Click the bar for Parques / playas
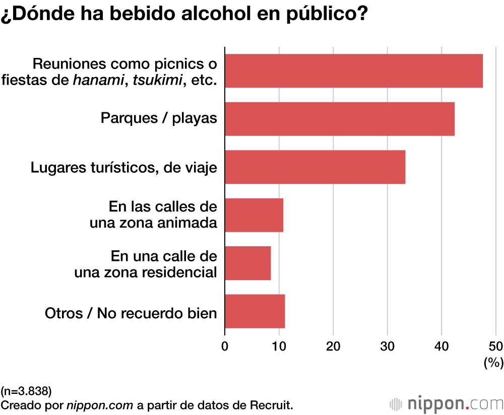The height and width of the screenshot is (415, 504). (340, 119)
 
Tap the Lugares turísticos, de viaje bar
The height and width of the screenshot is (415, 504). (315, 167)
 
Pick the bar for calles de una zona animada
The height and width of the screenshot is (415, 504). (254, 215)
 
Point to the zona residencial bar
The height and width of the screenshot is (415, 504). (248, 263)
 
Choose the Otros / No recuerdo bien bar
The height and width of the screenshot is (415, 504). (255, 311)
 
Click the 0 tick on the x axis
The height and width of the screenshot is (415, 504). (225, 347)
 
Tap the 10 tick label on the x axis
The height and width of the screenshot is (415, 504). (279, 347)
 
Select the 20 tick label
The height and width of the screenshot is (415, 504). (333, 347)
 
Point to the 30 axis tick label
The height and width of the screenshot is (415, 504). (387, 347)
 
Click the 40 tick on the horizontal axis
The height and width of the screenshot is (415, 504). (442, 347)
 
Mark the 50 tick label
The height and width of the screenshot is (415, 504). (495, 347)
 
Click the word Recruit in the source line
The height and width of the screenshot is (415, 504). (272, 405)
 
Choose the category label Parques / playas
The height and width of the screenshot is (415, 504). (159, 119)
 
